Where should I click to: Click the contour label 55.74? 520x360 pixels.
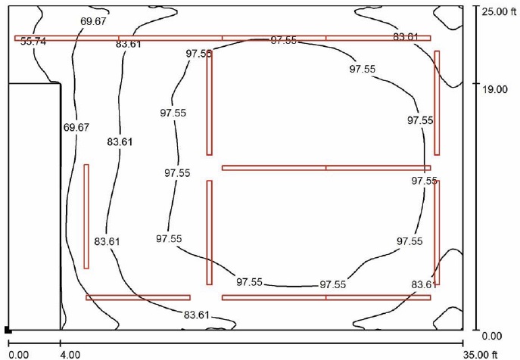coord(33,42)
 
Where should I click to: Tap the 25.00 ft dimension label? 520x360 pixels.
coord(499,12)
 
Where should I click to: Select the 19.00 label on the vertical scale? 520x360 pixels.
coord(495,89)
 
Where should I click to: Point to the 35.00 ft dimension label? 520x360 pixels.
coord(480,355)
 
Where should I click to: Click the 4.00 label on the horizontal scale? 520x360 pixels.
coord(70,355)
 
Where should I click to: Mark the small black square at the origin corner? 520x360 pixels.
coord(8,330)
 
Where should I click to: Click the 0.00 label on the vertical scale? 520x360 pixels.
coord(492,336)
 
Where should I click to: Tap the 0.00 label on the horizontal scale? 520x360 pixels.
coord(19,355)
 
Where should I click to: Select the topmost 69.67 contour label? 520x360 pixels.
coord(93,21)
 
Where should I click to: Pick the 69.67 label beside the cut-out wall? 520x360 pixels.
coord(76,127)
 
